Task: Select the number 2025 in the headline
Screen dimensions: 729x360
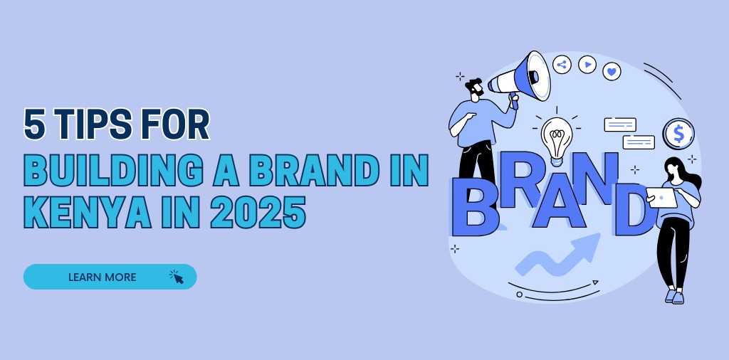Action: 258,213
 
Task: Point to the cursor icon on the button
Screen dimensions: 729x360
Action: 177,277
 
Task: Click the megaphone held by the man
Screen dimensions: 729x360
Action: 520,78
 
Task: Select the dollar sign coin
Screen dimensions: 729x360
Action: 678,134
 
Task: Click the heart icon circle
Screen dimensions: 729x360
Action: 612,72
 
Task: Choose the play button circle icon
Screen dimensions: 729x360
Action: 587,65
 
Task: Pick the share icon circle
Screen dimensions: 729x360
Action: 562,65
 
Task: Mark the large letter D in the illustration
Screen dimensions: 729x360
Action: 635,209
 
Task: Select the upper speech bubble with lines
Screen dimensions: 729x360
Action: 620,125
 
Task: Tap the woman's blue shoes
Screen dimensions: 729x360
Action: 675,297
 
